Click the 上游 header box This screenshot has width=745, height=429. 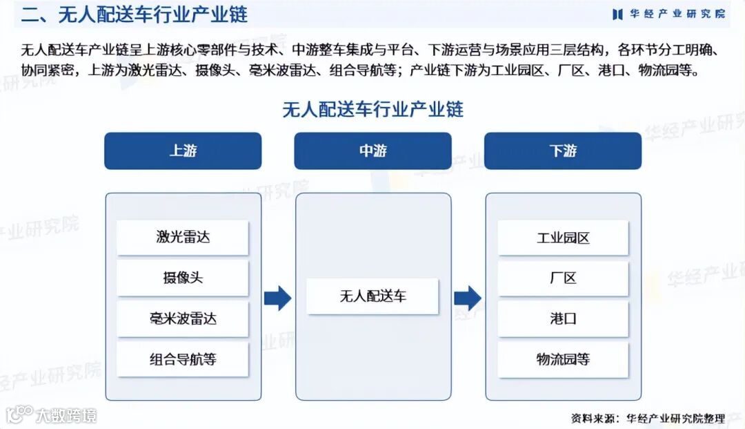tap(183, 151)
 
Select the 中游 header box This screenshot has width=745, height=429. tap(372, 151)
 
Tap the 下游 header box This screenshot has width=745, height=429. tap(563, 151)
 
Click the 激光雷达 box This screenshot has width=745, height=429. tap(183, 238)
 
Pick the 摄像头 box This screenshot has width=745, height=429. tap(183, 278)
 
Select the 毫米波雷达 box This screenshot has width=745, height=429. tap(183, 319)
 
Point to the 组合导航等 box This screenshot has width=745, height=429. tap(183, 359)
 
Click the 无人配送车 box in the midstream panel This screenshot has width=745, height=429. tap(372, 296)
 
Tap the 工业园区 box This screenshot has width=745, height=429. tap(563, 238)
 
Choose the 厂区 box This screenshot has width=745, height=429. tap(563, 278)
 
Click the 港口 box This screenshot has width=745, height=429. tap(563, 319)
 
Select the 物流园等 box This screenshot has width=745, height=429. tap(563, 359)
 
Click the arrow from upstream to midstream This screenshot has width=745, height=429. tap(277, 298)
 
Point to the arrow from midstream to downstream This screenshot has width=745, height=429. tap(468, 298)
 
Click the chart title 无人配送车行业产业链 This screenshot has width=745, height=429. tap(372, 109)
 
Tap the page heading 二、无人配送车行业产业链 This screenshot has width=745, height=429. tap(135, 14)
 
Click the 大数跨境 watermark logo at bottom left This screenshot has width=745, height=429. tap(52, 415)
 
